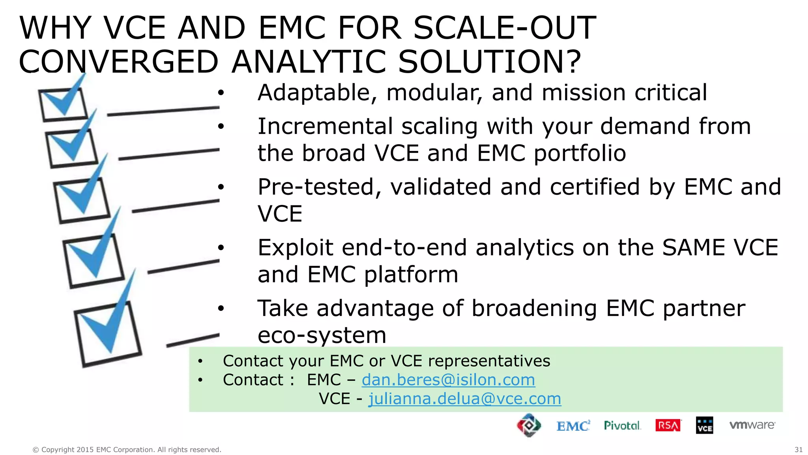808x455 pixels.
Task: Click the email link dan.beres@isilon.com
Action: pos(448,380)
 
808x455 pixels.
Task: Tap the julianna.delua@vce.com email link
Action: pos(464,399)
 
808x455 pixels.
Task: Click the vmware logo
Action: pos(752,425)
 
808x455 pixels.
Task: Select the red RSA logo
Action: pos(668,425)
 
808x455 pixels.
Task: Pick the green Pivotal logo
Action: pos(622,425)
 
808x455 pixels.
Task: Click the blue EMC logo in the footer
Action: pos(573,426)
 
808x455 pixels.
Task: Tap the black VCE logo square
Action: pos(705,425)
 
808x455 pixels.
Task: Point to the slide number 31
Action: pos(798,449)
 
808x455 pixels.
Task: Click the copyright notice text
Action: pos(127,449)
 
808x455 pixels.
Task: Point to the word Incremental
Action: pos(325,126)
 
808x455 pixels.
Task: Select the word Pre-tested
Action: pos(319,187)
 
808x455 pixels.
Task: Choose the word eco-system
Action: pos(322,335)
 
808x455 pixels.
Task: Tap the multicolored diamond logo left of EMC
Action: pos(529,425)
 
